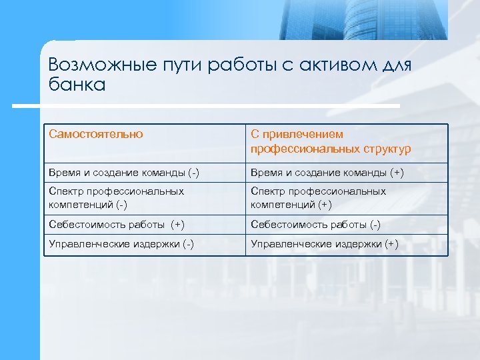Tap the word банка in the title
[77, 85]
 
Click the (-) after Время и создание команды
[192, 173]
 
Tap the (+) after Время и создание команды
[395, 173]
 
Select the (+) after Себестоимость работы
[177, 225]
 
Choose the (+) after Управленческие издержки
[391, 245]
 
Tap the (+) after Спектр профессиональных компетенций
[323, 205]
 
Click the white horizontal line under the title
[207, 105]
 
